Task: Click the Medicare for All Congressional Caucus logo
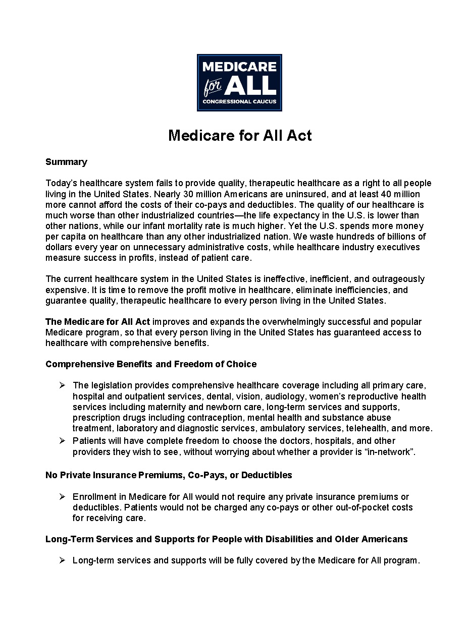coord(239,83)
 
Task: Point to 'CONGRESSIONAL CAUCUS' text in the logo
coord(239,102)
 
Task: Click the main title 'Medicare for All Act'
coord(240,135)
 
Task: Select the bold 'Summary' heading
coord(66,162)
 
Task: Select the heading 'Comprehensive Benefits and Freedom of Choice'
coord(151,364)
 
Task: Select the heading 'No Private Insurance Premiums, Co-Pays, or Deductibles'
coord(169,475)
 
